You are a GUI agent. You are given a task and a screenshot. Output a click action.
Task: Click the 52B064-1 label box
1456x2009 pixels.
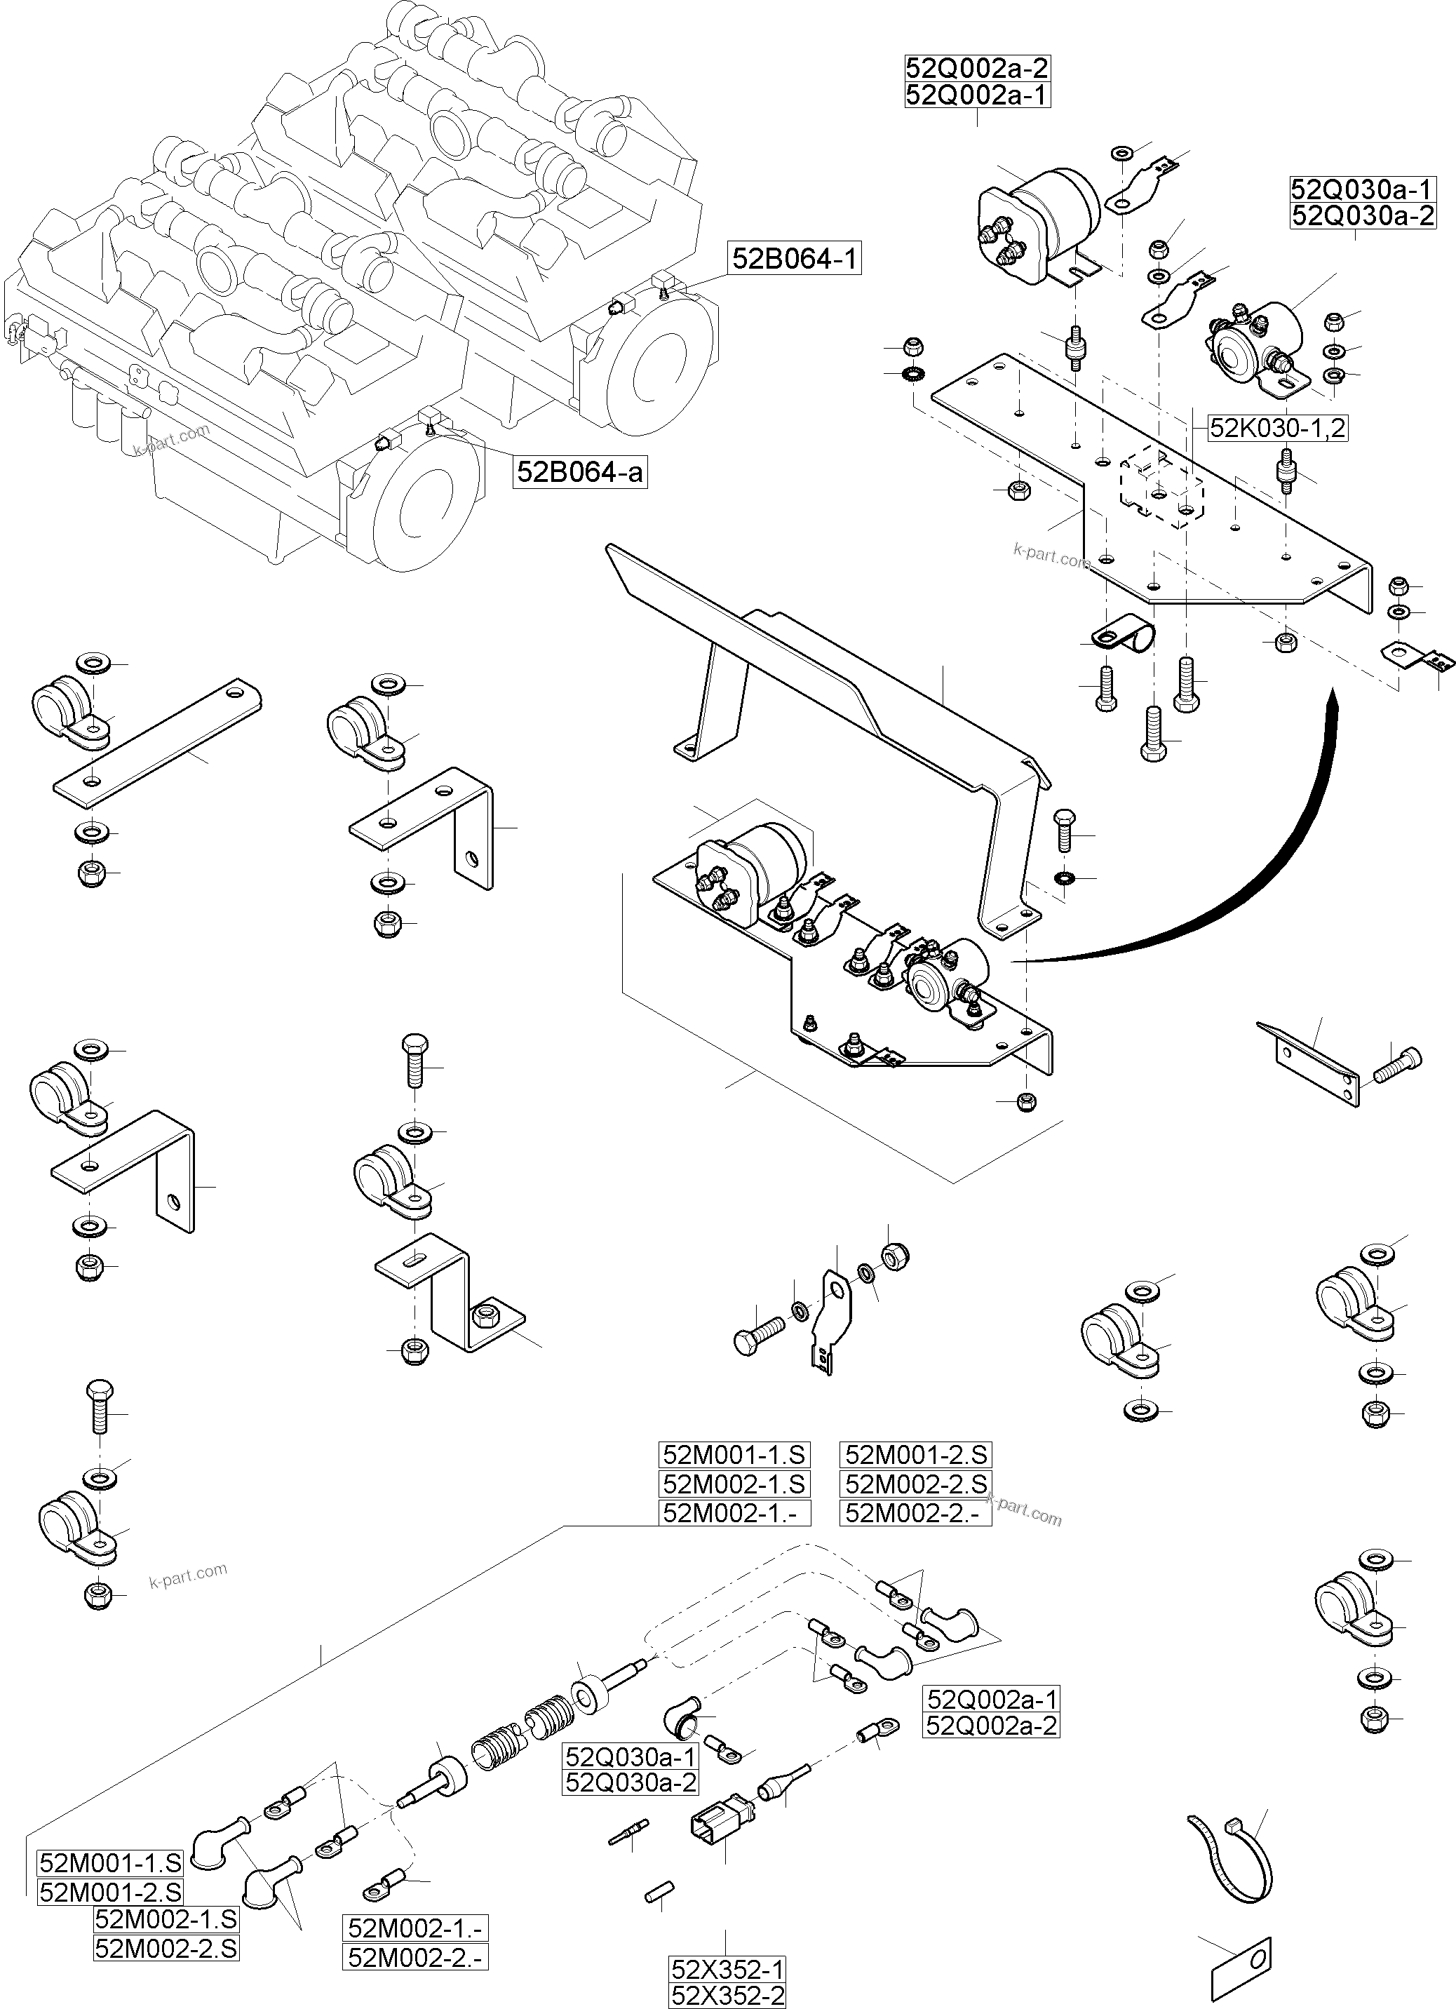[x=795, y=259]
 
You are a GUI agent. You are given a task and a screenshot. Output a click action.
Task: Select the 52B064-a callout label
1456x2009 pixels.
[x=581, y=471]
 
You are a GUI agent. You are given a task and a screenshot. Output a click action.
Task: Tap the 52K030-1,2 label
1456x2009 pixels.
[x=1277, y=428]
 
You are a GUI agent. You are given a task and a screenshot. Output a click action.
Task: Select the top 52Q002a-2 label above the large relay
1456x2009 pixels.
[x=977, y=68]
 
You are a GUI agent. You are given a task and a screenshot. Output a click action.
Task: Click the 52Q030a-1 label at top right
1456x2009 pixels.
[x=1362, y=189]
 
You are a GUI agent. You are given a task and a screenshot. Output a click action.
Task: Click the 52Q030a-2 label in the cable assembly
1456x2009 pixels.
[x=631, y=1783]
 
